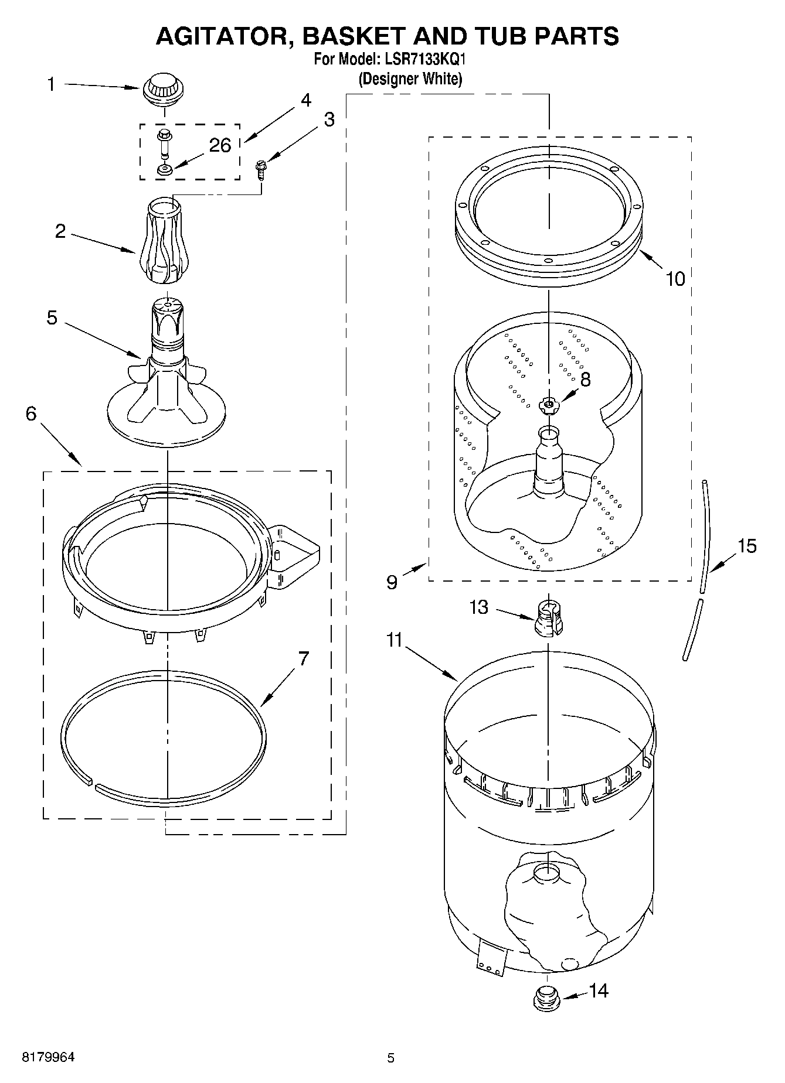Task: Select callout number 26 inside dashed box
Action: (220, 145)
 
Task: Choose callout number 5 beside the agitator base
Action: (52, 318)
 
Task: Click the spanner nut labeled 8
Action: (548, 404)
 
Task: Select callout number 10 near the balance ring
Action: (675, 279)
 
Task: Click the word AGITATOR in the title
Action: (223, 36)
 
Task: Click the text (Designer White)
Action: (410, 78)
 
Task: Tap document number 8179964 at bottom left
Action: (49, 1057)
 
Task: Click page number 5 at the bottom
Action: (391, 1058)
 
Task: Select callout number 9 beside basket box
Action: (392, 582)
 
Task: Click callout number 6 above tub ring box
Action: (31, 414)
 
